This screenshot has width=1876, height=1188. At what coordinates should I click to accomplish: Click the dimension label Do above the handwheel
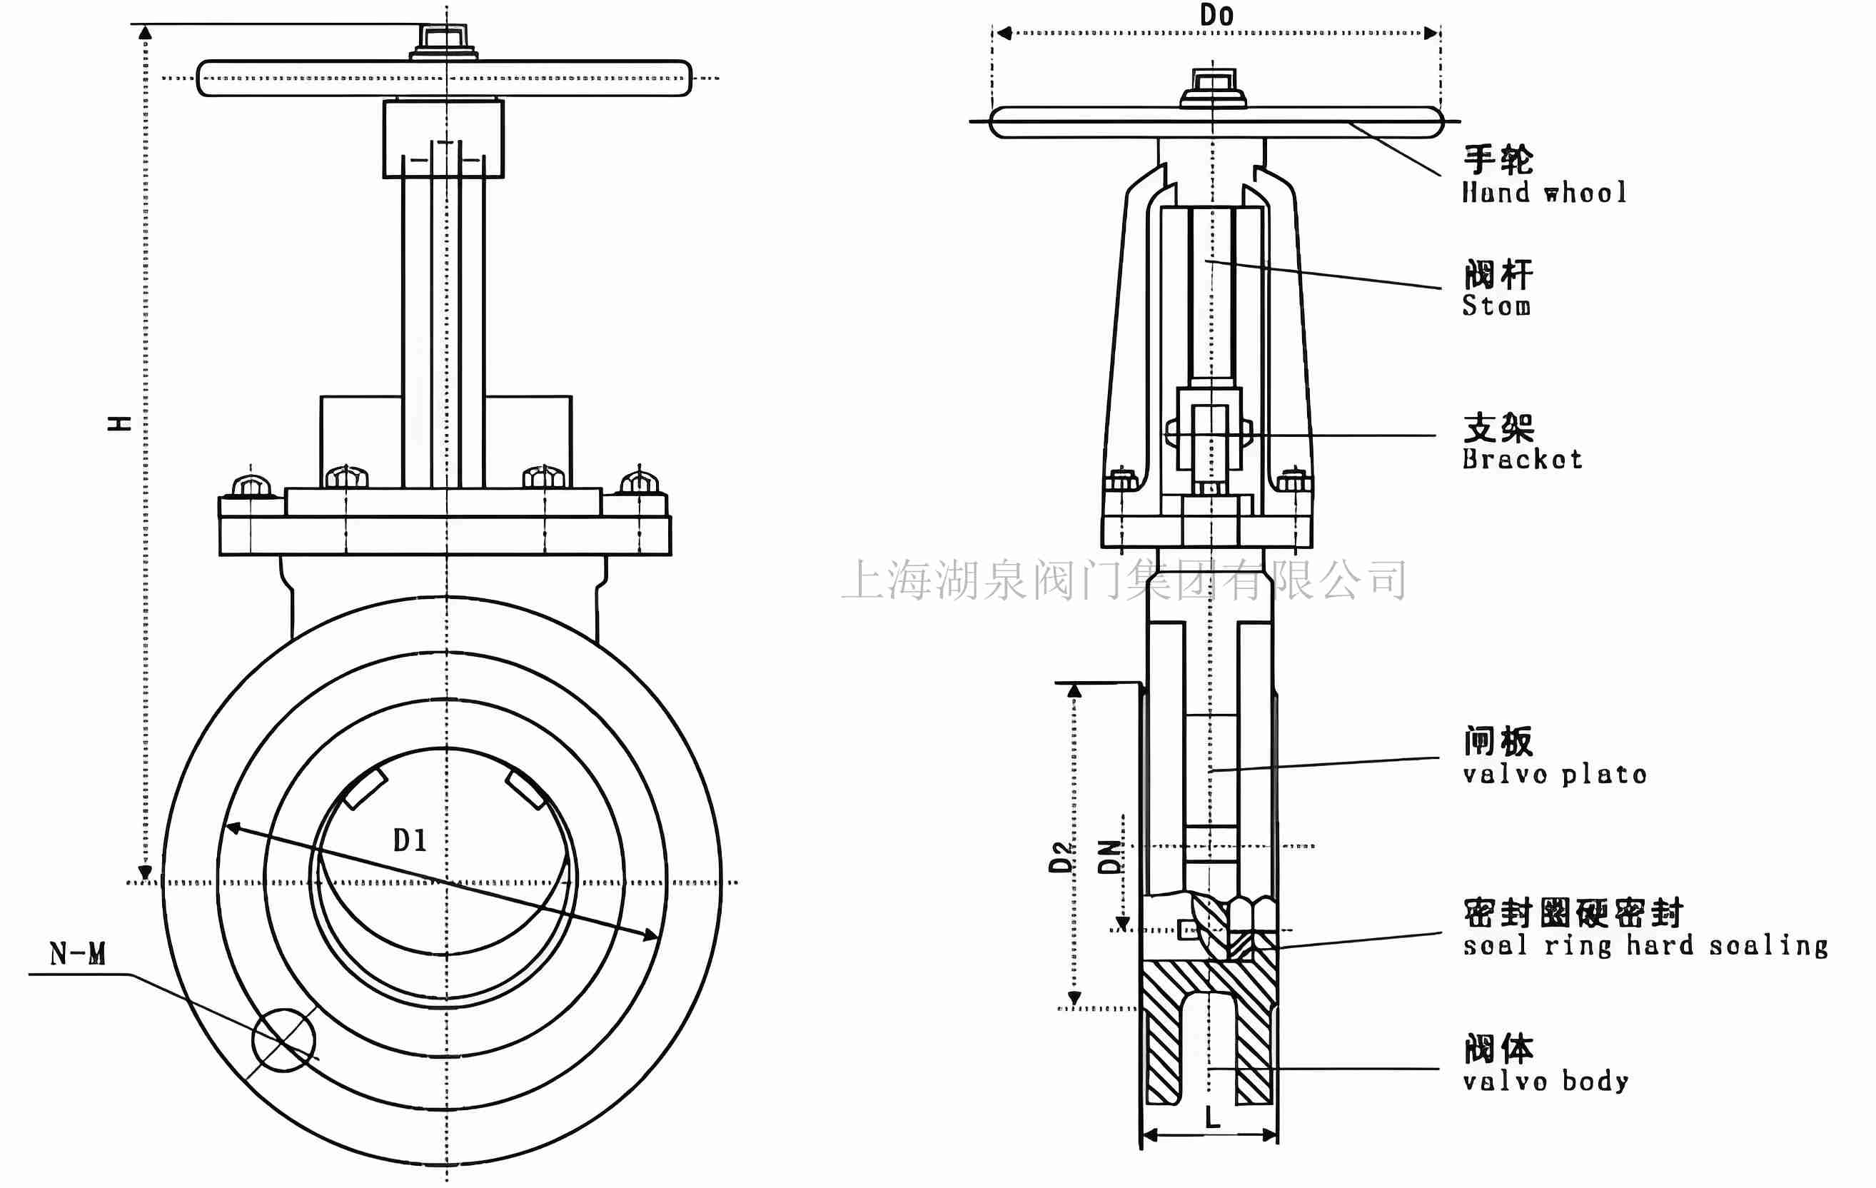[1216, 16]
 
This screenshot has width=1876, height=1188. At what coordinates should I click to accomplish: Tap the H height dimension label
[119, 423]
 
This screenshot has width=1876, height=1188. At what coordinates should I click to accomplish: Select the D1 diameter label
[410, 840]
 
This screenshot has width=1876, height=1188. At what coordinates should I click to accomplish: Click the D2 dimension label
[1060, 857]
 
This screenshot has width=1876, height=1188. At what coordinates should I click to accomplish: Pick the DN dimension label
[1109, 857]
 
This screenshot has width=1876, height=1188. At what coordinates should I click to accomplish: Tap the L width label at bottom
[1212, 1119]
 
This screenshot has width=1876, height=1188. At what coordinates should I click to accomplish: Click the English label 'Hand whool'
[1544, 193]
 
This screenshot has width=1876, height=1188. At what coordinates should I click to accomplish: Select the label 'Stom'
[1496, 306]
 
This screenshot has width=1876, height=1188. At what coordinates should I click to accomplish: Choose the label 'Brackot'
[1521, 459]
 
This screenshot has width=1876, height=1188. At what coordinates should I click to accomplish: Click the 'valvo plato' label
[1554, 775]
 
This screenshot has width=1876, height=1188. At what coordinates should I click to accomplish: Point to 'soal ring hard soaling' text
[1645, 946]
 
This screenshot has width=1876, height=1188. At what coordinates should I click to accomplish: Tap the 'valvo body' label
[1545, 1082]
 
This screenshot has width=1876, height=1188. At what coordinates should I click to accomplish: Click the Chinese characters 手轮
[1498, 161]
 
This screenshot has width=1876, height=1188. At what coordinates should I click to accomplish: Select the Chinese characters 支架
[1498, 428]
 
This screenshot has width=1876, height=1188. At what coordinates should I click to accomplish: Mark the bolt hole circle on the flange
[284, 1040]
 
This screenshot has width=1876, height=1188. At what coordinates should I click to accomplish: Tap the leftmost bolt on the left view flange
[252, 485]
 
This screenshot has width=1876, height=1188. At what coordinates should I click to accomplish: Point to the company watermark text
[1124, 580]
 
